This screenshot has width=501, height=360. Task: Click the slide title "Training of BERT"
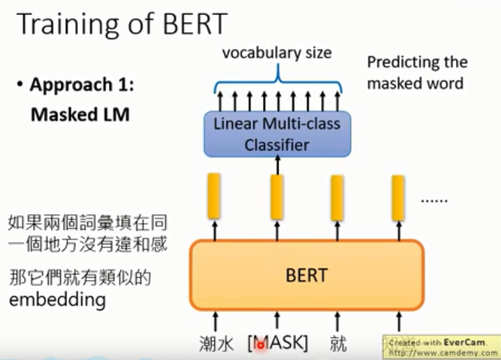pos(121,24)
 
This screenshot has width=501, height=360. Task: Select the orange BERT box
pos(306,274)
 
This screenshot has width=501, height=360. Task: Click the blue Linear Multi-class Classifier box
pos(277,134)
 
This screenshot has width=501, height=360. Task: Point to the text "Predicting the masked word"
pos(417,73)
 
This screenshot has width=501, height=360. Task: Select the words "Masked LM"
pos(80,115)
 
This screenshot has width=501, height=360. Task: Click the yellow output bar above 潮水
pos(214,195)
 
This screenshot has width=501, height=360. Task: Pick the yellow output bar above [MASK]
pos(277,196)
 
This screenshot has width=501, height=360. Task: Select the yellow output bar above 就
pos(337,196)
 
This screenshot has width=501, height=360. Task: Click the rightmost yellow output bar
pos(398,196)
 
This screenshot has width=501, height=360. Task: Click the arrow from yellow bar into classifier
pos(277,165)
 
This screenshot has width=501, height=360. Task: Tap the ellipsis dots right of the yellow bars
pos(434,200)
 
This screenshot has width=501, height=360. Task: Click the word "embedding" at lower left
pos(57,300)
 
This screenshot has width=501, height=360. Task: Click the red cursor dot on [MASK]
pos(260,346)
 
